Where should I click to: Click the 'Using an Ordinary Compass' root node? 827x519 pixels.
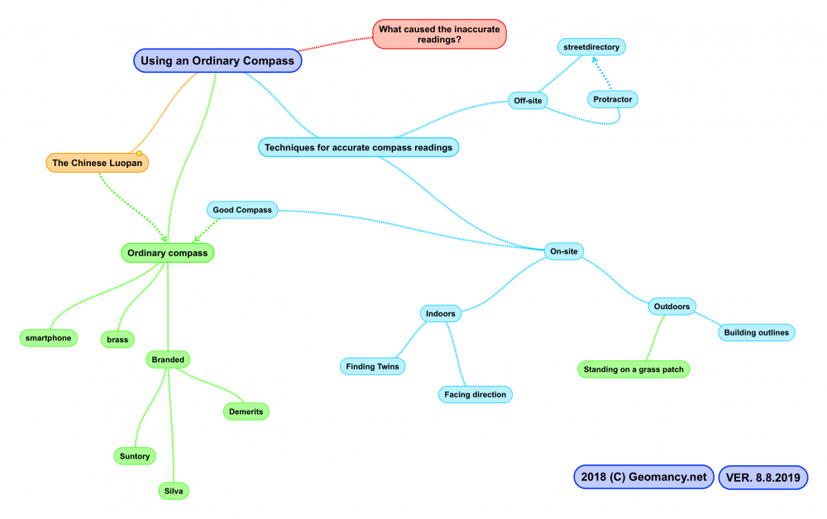click(x=218, y=60)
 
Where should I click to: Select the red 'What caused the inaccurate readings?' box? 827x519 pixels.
click(x=438, y=34)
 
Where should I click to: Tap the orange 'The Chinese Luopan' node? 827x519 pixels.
click(x=97, y=163)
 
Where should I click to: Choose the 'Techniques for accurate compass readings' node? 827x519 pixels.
click(x=358, y=148)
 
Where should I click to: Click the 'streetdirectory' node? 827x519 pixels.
click(x=590, y=47)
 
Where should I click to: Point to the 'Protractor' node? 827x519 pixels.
click(x=613, y=99)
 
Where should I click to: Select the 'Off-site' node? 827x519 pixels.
click(x=530, y=101)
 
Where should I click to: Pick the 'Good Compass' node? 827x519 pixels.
click(x=241, y=210)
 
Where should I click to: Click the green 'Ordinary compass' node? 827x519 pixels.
click(x=167, y=252)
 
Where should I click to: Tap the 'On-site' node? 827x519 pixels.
click(x=564, y=250)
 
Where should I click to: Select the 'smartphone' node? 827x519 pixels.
click(x=49, y=337)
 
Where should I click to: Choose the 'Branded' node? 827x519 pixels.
click(x=168, y=359)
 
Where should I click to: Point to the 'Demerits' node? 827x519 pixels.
click(x=246, y=411)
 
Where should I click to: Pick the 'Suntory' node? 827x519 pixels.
click(x=135, y=456)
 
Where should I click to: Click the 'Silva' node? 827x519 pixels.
click(x=174, y=491)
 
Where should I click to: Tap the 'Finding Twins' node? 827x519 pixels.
click(x=373, y=366)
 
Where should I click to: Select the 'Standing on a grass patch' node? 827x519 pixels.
click(x=633, y=369)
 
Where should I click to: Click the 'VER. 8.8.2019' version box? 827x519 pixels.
click(x=762, y=477)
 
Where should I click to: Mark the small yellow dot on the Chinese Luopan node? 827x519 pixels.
click(x=140, y=154)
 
